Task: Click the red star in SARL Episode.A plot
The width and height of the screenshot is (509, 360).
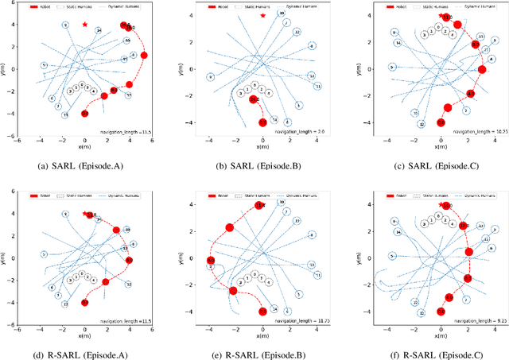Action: pos(85,25)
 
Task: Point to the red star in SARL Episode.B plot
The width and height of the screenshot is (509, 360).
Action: pos(263,15)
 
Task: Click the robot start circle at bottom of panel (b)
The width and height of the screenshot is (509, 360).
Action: pos(263,123)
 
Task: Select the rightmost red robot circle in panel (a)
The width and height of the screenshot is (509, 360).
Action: pos(144,55)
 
